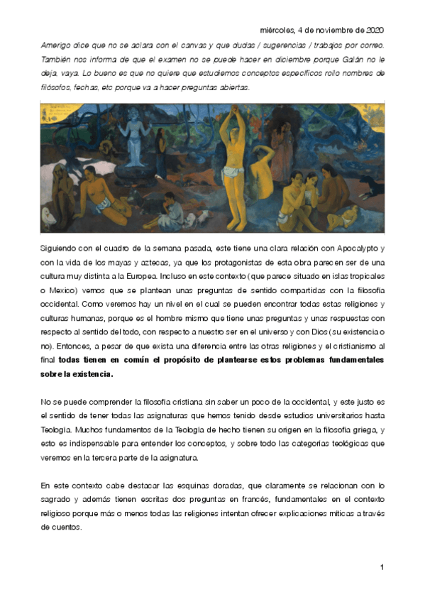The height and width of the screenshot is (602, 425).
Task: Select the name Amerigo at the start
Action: point(56,45)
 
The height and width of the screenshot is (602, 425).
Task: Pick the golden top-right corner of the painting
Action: point(369,111)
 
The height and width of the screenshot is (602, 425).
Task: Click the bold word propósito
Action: point(180,359)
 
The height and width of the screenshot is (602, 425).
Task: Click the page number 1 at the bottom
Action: point(382,567)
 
